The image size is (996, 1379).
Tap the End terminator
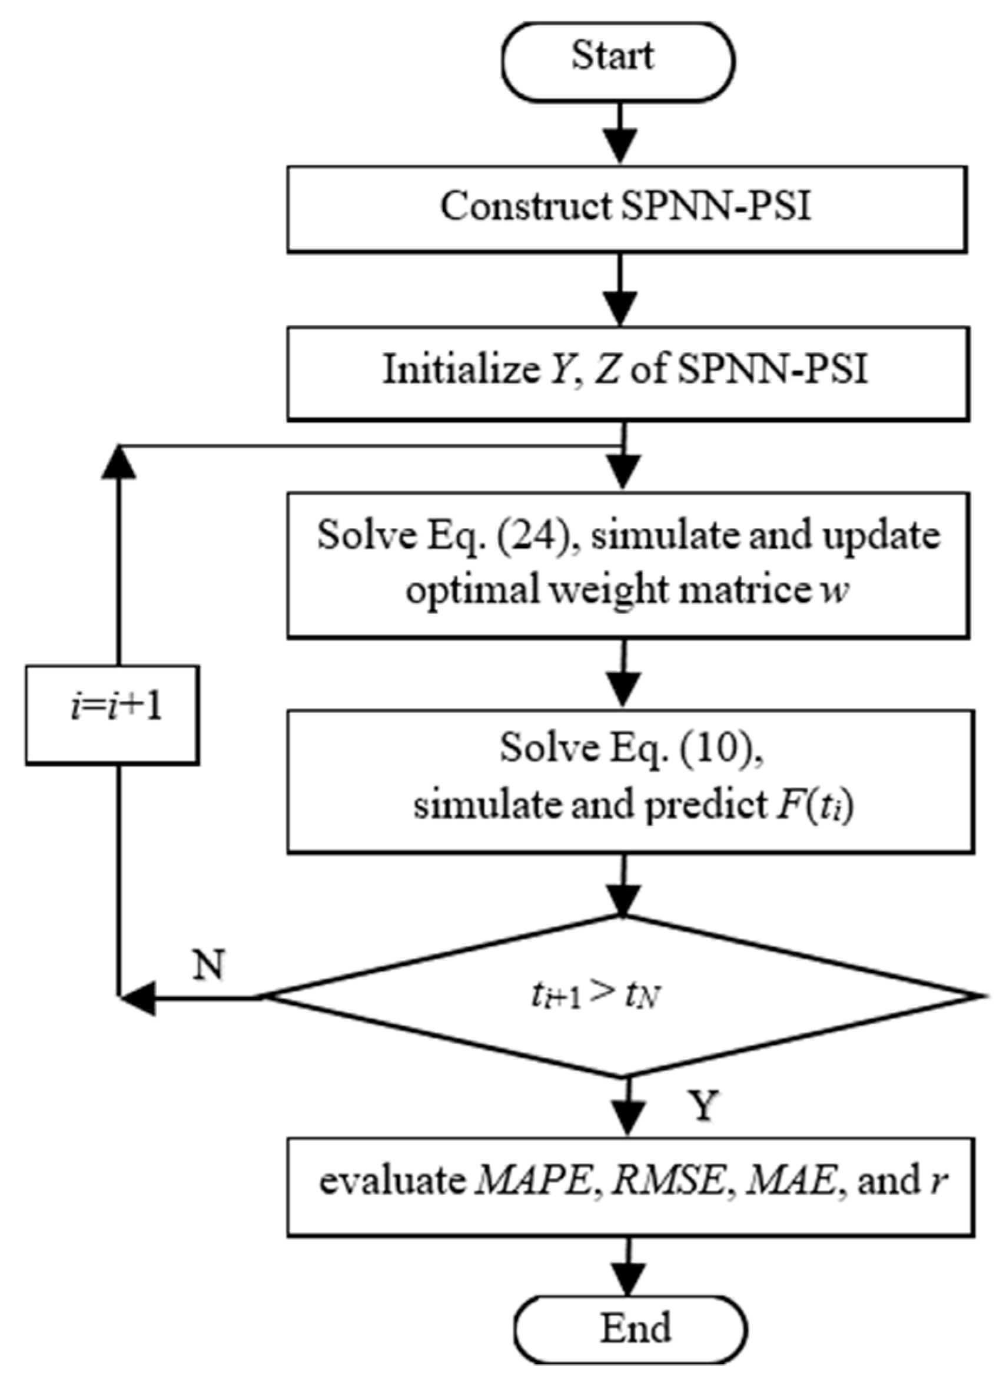point(630,1328)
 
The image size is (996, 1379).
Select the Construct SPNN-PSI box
point(626,208)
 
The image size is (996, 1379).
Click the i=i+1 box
point(112,714)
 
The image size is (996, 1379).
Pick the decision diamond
point(620,997)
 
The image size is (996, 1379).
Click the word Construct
point(526,207)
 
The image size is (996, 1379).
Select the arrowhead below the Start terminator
point(620,146)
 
